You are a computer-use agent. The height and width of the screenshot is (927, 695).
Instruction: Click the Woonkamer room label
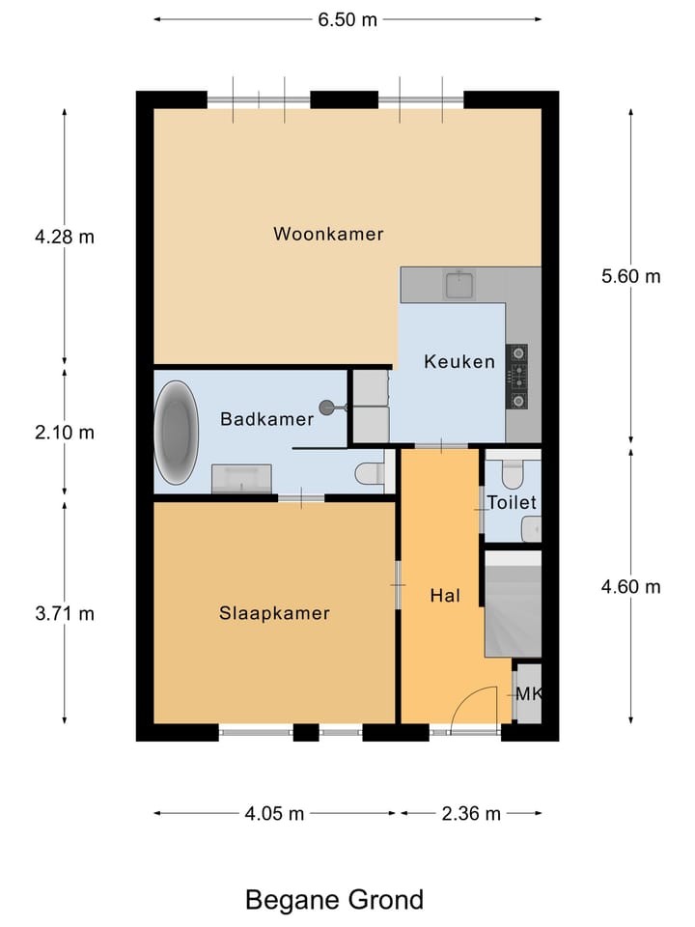tap(328, 234)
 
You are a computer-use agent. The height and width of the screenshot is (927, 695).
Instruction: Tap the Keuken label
tap(459, 362)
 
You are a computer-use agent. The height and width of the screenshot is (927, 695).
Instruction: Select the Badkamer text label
tap(266, 419)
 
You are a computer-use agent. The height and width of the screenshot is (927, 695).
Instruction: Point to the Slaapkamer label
tap(274, 613)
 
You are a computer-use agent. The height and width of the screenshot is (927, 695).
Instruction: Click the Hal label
tap(443, 596)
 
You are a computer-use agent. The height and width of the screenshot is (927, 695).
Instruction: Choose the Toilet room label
tap(512, 503)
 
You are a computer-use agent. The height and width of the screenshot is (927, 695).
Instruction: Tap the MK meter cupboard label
tap(528, 694)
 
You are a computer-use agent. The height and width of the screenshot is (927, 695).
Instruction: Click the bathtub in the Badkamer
tap(178, 433)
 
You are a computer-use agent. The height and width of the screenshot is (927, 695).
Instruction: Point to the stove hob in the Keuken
tap(517, 376)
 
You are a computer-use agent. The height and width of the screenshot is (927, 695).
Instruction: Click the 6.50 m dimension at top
tap(347, 20)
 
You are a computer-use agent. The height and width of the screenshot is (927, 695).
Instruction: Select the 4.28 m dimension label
tap(64, 237)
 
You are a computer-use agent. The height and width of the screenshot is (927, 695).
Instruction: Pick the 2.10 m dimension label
tap(64, 433)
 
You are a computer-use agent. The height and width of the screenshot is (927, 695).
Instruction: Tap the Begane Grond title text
tap(334, 900)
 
